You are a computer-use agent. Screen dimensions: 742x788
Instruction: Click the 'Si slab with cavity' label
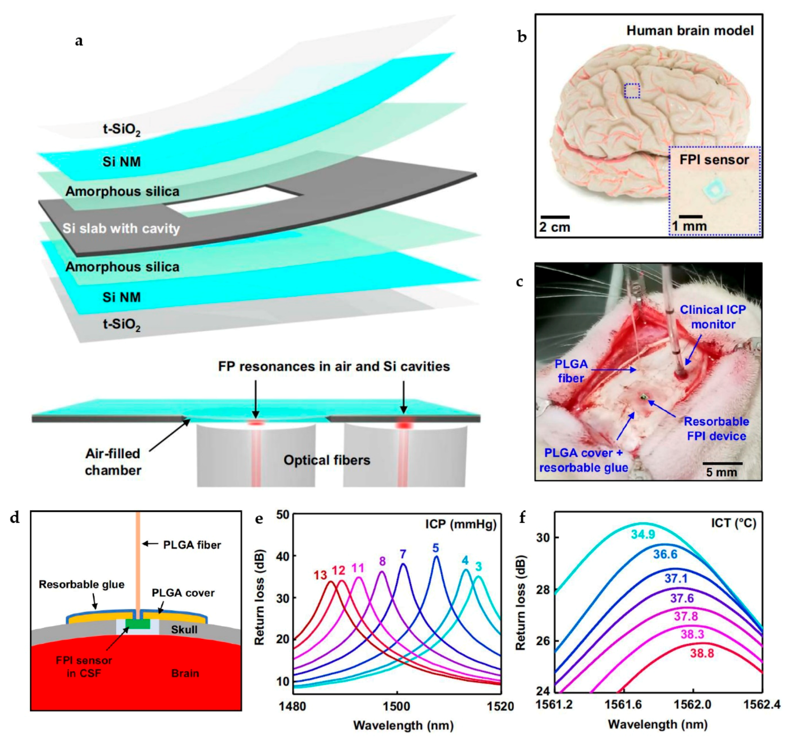tap(121, 228)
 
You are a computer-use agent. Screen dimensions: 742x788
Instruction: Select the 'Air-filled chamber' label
tap(113, 462)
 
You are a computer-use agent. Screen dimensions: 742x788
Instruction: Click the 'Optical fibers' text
tap(326, 460)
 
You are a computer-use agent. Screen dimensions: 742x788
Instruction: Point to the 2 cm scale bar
tap(555, 217)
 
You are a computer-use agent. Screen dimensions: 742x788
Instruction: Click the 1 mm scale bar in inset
tap(691, 217)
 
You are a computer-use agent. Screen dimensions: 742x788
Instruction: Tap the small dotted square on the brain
tap(632, 91)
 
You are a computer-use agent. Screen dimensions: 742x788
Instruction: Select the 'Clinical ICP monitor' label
tap(713, 317)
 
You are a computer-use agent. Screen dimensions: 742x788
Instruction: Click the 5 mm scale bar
tap(723, 463)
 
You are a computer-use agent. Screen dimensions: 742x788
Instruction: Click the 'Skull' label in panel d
tap(184, 630)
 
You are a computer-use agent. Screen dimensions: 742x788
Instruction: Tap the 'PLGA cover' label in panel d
tap(183, 593)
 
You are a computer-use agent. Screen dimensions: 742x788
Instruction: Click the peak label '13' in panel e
tap(320, 575)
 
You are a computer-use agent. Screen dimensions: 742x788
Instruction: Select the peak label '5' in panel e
tap(436, 548)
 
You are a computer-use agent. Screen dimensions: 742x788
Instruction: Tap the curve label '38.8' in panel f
tap(702, 653)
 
